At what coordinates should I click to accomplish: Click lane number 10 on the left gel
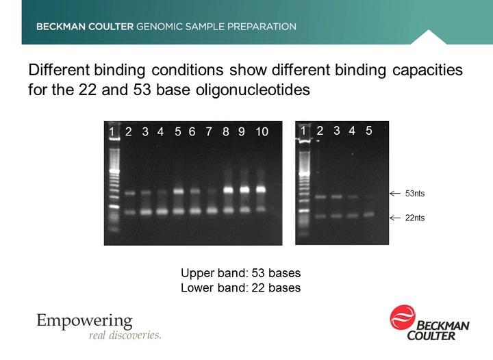tap(262, 131)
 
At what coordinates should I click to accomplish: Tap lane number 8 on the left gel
tap(226, 131)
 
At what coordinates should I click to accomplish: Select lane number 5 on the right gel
tap(368, 131)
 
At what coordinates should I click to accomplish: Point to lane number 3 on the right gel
tap(336, 131)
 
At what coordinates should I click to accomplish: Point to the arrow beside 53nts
tap(395, 194)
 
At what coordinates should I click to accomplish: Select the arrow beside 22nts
tap(395, 218)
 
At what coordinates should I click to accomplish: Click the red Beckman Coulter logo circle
tap(403, 319)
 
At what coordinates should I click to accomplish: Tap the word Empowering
tap(84, 320)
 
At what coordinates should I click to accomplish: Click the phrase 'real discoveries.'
tap(125, 335)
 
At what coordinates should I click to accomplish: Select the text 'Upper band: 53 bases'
tap(240, 273)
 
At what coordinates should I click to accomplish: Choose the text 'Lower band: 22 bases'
tap(240, 288)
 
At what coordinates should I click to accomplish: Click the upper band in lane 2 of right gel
tap(320, 196)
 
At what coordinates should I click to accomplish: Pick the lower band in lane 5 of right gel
tap(368, 214)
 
